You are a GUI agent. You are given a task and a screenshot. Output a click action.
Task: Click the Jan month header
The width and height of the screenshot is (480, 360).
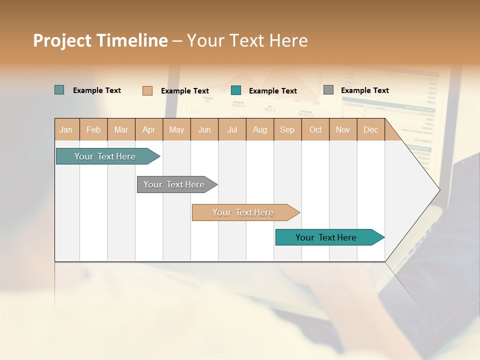[66, 129]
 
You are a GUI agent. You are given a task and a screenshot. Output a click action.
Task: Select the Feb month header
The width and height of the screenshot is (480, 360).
[93, 129]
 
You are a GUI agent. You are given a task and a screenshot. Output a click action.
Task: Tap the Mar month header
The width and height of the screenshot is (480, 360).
[121, 129]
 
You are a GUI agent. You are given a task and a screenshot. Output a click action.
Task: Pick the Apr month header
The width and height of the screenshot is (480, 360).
[149, 129]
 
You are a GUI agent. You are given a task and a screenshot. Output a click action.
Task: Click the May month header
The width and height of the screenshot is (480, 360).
[176, 129]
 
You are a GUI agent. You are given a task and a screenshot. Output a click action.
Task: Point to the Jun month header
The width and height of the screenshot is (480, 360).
[204, 129]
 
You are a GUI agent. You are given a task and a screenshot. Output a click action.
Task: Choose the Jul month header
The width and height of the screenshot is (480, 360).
[232, 129]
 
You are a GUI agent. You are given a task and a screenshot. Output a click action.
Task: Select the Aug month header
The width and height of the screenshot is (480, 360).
[260, 129]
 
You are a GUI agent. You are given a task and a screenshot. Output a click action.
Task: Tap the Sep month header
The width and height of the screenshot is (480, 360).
[287, 129]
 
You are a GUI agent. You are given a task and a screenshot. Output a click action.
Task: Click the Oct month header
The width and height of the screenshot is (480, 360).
[315, 129]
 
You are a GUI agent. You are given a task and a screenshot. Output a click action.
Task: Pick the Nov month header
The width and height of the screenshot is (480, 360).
[343, 129]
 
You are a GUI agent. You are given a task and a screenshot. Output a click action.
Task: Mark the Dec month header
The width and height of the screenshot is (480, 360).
[371, 129]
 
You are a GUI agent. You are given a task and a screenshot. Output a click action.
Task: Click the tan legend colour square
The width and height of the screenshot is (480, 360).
[147, 90]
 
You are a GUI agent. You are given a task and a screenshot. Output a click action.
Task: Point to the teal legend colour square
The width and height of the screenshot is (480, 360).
[236, 90]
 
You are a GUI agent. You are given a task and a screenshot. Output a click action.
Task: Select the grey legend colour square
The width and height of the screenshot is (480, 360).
[328, 90]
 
